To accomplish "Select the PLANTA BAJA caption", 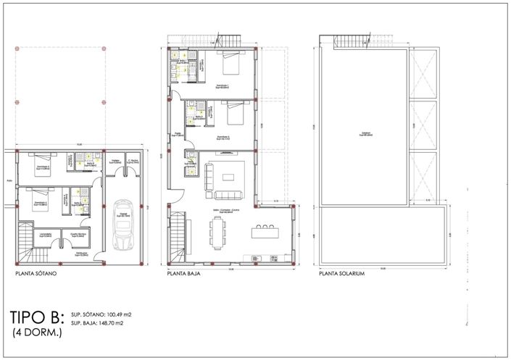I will pos(184,275).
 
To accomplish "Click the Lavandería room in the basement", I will pos(46,235).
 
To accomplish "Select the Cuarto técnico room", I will pos(80,235).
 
